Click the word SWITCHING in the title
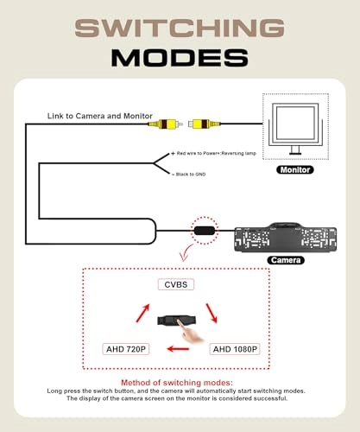click(x=180, y=28)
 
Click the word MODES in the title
click(x=180, y=58)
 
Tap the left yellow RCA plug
click(x=166, y=124)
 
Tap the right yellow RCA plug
click(x=205, y=124)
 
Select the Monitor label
click(x=295, y=170)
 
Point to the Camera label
click(x=286, y=260)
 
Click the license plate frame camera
click(x=286, y=238)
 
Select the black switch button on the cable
click(x=205, y=231)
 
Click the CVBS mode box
click(x=176, y=284)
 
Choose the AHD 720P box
click(x=126, y=349)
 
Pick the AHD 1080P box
click(x=235, y=349)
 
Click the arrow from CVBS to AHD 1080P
click(x=212, y=313)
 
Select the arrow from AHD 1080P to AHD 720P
click(x=178, y=349)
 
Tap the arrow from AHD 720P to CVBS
click(x=143, y=313)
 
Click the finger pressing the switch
click(x=188, y=331)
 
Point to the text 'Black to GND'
click(x=191, y=175)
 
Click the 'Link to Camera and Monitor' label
click(x=100, y=116)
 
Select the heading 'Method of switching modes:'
click(x=177, y=383)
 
